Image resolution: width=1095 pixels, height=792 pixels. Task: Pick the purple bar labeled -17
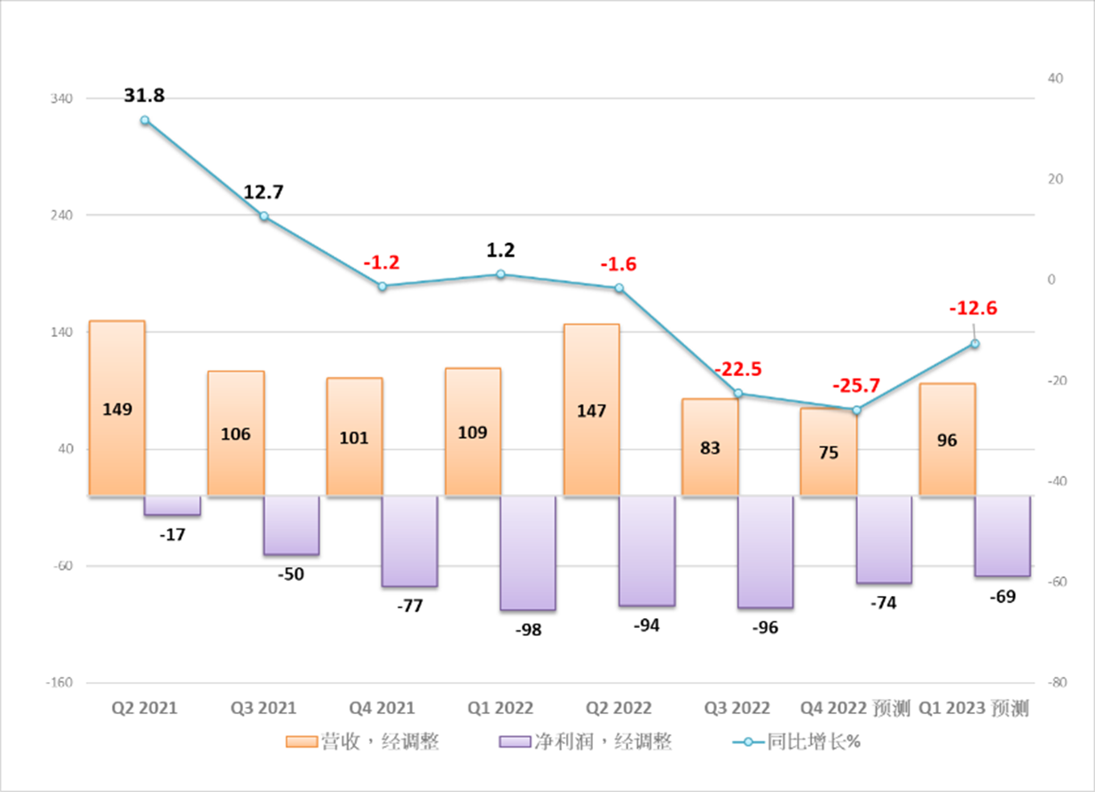[172, 506]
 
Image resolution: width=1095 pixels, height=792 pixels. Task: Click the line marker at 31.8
[145, 121]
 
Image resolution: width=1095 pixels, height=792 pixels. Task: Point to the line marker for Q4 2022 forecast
[856, 410]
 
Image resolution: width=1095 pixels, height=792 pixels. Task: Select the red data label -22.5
[738, 369]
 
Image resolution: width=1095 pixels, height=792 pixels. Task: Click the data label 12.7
[264, 192]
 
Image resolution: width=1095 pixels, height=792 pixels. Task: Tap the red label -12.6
[973, 309]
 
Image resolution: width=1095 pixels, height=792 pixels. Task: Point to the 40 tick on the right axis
[1056, 78]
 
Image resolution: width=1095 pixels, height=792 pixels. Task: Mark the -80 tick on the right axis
[1057, 683]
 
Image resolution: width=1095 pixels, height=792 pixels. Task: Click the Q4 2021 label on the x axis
[382, 709]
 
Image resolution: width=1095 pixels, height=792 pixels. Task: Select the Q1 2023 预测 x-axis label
[973, 709]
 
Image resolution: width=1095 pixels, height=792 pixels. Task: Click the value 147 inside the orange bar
[591, 411]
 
